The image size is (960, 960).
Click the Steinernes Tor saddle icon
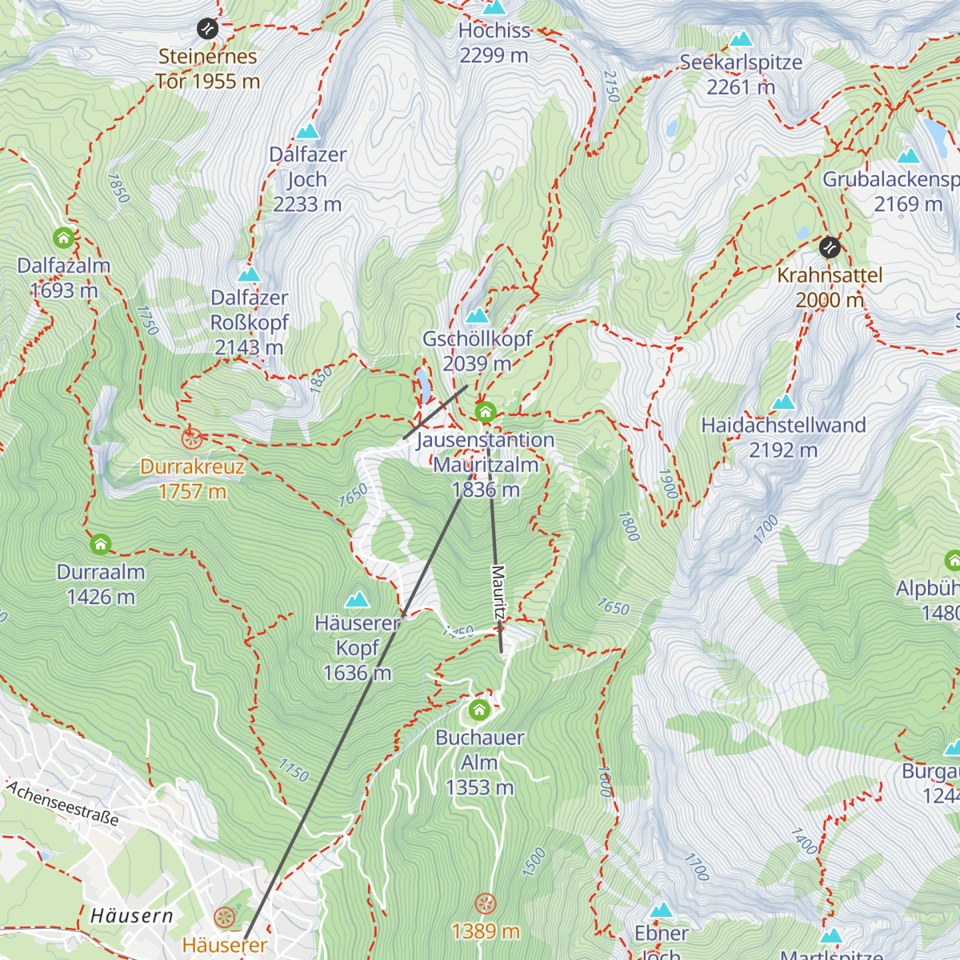pyautogui.click(x=207, y=29)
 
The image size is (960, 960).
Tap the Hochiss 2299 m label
pyautogui.click(x=494, y=43)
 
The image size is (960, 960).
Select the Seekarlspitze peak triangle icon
pyautogui.click(x=741, y=38)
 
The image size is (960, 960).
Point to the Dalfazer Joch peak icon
pyautogui.click(x=307, y=131)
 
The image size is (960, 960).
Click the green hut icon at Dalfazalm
pyautogui.click(x=63, y=238)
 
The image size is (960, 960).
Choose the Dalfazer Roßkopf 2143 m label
pyautogui.click(x=249, y=322)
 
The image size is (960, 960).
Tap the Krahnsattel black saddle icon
pyautogui.click(x=830, y=247)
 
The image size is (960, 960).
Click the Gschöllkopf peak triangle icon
pyautogui.click(x=477, y=315)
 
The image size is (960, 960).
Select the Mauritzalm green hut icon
pyautogui.click(x=485, y=413)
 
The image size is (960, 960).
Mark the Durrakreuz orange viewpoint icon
pyautogui.click(x=191, y=438)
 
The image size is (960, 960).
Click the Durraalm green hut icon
pyautogui.click(x=100, y=545)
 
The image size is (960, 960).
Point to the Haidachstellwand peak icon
pyautogui.click(x=783, y=402)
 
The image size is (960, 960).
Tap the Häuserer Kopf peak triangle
pyautogui.click(x=357, y=599)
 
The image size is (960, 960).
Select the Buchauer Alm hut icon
pyautogui.click(x=479, y=710)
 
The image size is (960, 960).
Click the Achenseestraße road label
pyautogui.click(x=62, y=803)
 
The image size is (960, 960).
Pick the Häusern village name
pyautogui.click(x=131, y=916)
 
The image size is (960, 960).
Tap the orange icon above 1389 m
pyautogui.click(x=485, y=904)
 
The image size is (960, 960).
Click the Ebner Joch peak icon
pyautogui.click(x=661, y=910)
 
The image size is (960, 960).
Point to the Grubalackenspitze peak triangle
pyautogui.click(x=908, y=156)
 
